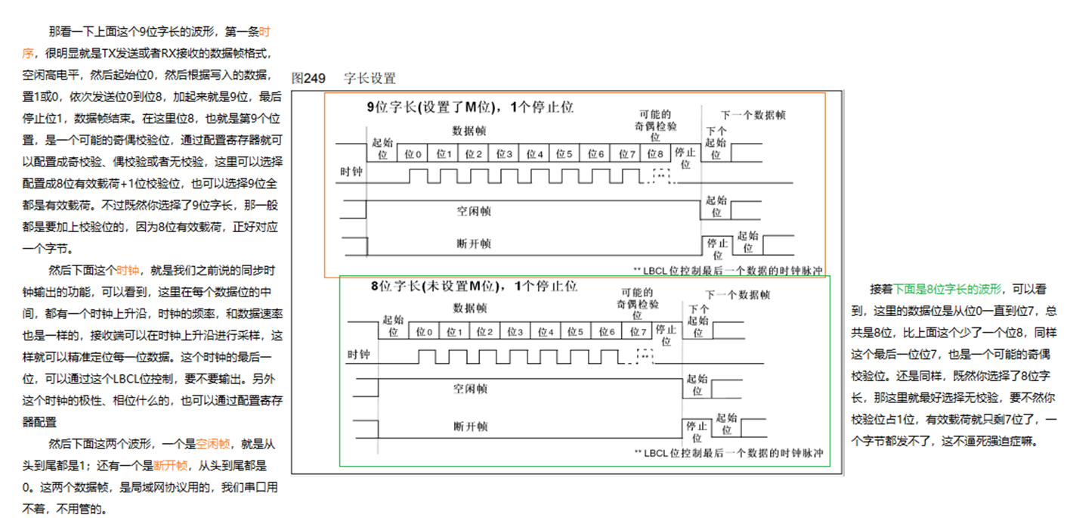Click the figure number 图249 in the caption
[x=308, y=78]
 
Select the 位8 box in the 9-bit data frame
[x=654, y=154]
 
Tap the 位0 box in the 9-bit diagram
[x=413, y=154]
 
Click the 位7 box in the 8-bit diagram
[x=638, y=332]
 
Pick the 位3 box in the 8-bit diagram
[x=514, y=332]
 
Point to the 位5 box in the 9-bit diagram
[x=564, y=154]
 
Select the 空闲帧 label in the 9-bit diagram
[x=473, y=211]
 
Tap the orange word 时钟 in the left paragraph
[x=128, y=270]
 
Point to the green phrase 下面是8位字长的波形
[x=948, y=290]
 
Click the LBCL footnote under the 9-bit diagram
[x=727, y=269]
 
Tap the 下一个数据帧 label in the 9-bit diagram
[x=753, y=115]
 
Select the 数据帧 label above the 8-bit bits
[x=470, y=308]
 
